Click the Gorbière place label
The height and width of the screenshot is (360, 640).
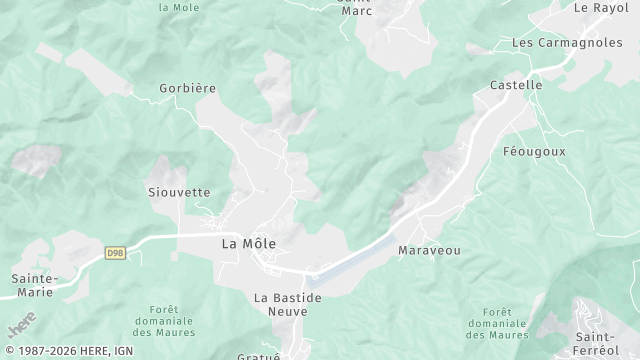click(x=188, y=88)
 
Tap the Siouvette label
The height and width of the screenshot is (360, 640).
click(x=179, y=192)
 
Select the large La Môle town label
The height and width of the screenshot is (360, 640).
click(x=249, y=243)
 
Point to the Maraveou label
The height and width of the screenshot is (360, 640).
click(x=429, y=250)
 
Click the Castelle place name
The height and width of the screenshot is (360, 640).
click(x=516, y=86)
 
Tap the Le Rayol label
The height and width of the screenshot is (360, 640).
click(x=601, y=7)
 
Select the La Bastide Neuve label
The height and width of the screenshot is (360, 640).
click(x=288, y=304)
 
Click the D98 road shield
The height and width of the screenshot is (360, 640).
click(x=114, y=255)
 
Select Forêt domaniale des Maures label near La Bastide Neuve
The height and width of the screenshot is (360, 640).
click(x=165, y=321)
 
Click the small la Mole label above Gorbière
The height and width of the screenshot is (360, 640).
click(x=180, y=6)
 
